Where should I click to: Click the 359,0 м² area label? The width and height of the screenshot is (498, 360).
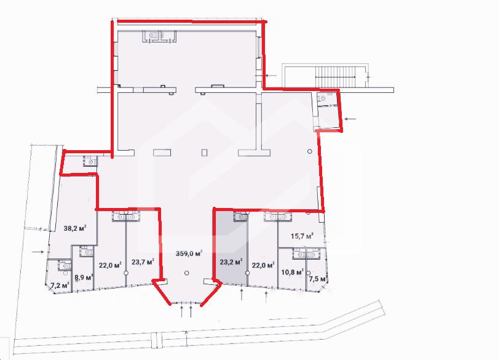tap(189, 254)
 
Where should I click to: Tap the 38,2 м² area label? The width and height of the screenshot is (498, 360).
tap(75, 228)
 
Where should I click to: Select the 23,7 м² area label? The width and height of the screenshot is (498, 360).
tap(143, 262)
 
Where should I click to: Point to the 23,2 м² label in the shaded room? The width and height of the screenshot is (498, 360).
tap(231, 262)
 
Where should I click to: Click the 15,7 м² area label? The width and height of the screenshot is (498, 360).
tap(302, 236)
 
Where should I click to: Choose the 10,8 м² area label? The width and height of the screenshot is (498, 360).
tap(293, 272)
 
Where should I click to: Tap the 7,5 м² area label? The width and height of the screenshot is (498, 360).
tap(318, 279)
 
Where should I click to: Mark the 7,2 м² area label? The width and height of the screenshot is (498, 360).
tap(60, 286)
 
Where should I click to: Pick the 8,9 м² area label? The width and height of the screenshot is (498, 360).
tap(84, 278)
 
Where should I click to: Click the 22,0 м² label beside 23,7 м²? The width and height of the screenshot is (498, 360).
tap(110, 265)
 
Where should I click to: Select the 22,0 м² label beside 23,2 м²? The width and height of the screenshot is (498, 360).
tap(263, 265)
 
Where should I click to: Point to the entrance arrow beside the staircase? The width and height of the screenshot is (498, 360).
tap(271, 75)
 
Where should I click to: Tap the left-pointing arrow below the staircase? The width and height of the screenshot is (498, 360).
tap(350, 119)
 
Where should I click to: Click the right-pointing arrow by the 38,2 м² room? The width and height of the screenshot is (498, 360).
tap(38, 252)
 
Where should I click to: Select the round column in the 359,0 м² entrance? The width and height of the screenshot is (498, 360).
tap(187, 273)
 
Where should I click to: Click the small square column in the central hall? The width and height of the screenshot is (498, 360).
tap(204, 153)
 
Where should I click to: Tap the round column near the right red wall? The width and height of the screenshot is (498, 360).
tap(310, 152)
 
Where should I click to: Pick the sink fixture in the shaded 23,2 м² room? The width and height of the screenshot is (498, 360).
tap(240, 217)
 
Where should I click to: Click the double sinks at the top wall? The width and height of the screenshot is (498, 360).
tap(159, 36)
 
